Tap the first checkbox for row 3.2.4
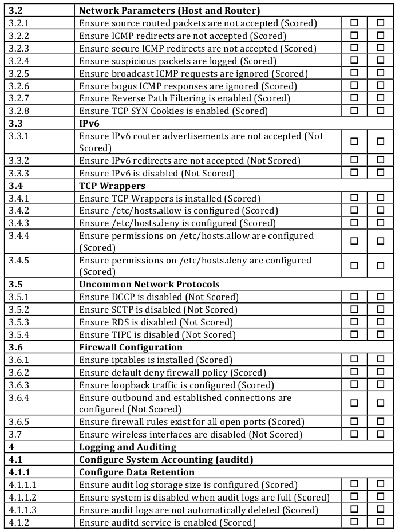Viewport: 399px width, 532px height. [x=354, y=60]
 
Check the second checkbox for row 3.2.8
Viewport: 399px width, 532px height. [x=381, y=110]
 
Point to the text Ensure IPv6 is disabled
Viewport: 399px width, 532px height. [x=157, y=173]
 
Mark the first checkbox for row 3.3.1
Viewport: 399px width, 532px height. [x=354, y=141]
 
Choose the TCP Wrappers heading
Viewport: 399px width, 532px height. [x=112, y=186]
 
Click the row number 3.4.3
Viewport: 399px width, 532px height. [x=18, y=223]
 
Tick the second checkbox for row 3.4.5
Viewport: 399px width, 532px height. [x=381, y=266]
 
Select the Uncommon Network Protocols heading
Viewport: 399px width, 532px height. [x=149, y=284]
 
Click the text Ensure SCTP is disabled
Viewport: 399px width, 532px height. [x=158, y=309]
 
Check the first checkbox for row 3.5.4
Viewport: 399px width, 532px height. [x=354, y=334]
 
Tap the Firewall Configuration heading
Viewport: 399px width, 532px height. [x=131, y=347]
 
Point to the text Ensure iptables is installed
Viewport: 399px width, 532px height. [x=156, y=360]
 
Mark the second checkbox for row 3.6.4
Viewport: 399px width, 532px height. [x=381, y=403]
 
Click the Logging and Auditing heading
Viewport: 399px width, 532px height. [x=128, y=447]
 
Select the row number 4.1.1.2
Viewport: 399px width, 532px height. [x=23, y=497]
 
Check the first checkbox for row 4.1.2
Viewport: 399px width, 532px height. [x=354, y=522]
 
